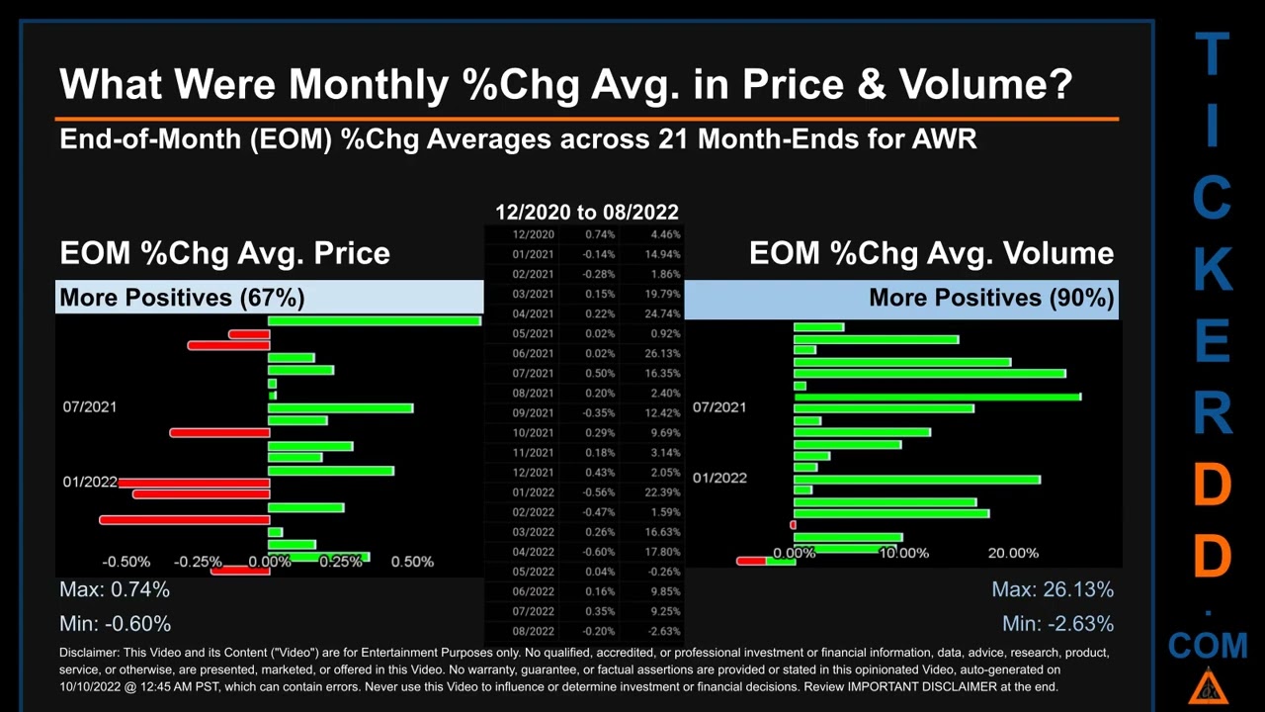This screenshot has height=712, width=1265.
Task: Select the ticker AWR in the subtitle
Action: click(x=945, y=139)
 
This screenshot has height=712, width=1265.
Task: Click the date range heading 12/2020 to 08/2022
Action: click(x=586, y=212)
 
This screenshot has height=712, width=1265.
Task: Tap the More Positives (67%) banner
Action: click(x=182, y=298)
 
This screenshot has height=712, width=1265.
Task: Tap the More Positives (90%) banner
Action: click(x=991, y=298)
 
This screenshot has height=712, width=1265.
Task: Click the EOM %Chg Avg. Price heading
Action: click(x=224, y=253)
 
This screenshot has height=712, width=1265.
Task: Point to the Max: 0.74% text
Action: click(x=115, y=589)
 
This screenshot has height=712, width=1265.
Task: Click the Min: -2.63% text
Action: click(x=1057, y=623)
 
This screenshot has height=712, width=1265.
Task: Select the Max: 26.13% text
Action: click(x=1053, y=589)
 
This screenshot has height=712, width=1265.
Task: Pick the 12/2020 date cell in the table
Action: click(x=534, y=234)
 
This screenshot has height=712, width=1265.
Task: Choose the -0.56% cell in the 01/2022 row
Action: click(x=596, y=492)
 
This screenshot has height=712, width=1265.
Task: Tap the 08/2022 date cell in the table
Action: click(x=534, y=631)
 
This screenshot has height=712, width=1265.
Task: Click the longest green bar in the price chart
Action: click(x=375, y=320)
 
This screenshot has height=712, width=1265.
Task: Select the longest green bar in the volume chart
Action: click(x=937, y=397)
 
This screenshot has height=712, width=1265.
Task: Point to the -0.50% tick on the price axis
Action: click(x=126, y=562)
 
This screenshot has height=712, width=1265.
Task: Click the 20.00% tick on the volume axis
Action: click(x=1013, y=553)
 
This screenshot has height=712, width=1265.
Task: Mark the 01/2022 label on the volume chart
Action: click(x=719, y=478)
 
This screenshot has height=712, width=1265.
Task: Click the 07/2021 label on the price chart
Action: click(x=90, y=406)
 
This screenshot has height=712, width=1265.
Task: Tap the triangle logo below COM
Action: click(x=1208, y=688)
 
